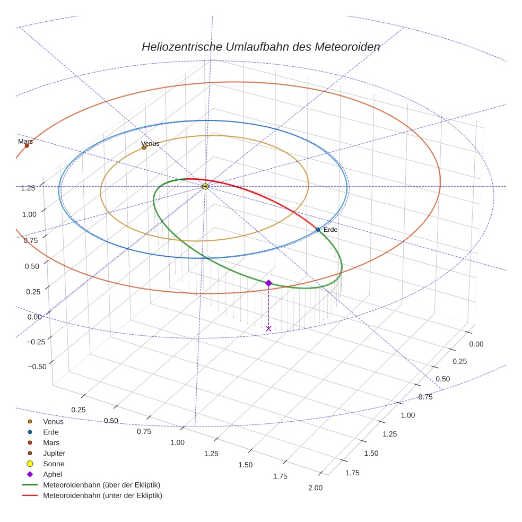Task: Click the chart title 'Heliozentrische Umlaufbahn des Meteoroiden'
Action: click(x=260, y=47)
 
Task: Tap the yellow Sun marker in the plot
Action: click(x=205, y=186)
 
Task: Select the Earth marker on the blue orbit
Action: click(x=318, y=230)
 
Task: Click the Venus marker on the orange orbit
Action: click(x=144, y=147)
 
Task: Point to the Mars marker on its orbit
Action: click(x=27, y=145)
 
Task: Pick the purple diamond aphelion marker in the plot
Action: click(x=268, y=283)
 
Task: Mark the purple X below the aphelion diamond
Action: click(x=268, y=329)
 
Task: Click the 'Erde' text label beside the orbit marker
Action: click(x=330, y=230)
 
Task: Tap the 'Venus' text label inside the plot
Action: click(x=150, y=143)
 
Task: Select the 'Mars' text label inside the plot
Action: click(x=25, y=141)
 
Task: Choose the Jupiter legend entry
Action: click(x=54, y=453)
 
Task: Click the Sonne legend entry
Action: click(x=54, y=464)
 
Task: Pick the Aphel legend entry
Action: click(x=53, y=474)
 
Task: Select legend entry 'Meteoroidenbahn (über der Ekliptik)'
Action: click(x=101, y=485)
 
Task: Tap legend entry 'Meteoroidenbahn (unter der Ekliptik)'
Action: click(x=102, y=495)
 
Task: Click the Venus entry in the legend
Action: click(x=53, y=422)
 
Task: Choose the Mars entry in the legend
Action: click(x=51, y=442)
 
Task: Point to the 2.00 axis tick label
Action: click(x=315, y=488)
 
